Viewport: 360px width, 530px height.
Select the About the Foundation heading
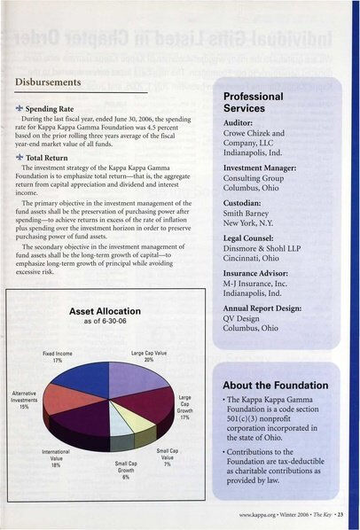click(274, 386)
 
